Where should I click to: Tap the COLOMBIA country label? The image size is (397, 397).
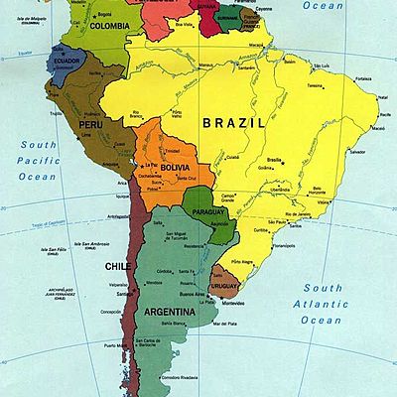[x=109, y=27]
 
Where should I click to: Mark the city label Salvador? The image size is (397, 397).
[x=357, y=152]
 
